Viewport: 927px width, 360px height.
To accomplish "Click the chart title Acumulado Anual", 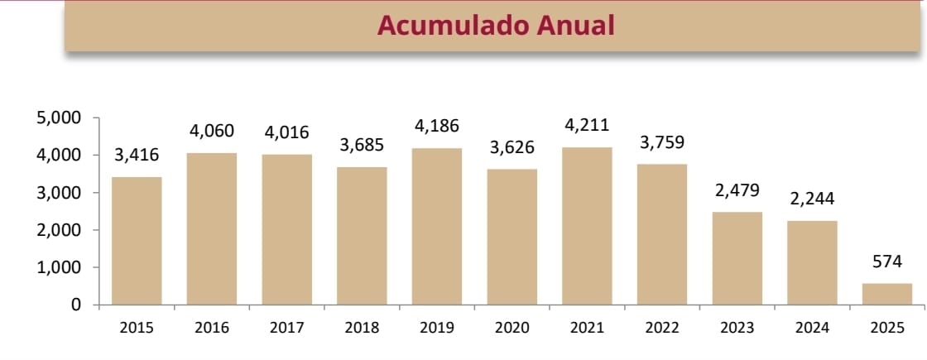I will [x=496, y=25].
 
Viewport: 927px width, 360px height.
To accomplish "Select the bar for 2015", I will [x=137, y=241].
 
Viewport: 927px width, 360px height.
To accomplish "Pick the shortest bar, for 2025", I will [x=887, y=294].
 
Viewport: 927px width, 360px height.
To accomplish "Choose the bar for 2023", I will [x=737, y=258].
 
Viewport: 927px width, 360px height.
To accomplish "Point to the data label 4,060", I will [x=212, y=131].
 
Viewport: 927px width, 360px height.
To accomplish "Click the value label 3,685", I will [x=362, y=146].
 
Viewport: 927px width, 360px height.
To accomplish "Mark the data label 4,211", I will [x=587, y=125].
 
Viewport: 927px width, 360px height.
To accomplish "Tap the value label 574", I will [x=887, y=262].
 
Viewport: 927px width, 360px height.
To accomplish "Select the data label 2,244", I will [x=812, y=199].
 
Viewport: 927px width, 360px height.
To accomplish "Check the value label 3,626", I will [x=512, y=147].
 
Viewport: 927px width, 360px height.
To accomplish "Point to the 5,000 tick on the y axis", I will [x=60, y=118].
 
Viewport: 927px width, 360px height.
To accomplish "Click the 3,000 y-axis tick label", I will [x=60, y=193].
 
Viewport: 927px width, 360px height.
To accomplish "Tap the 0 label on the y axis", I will [x=76, y=305].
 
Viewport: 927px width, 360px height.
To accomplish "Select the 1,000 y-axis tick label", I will [x=60, y=268].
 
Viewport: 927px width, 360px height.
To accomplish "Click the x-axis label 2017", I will [x=286, y=328].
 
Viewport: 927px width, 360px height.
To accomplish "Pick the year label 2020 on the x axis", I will [x=512, y=328].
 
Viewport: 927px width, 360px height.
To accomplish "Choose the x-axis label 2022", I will [x=662, y=328].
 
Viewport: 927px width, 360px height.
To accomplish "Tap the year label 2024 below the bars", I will [x=812, y=328].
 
